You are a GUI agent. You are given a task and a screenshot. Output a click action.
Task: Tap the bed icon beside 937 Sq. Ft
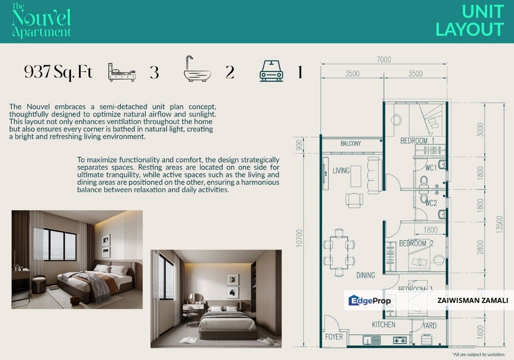click(121, 72)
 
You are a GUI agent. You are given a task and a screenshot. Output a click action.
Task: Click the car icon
click(271, 71)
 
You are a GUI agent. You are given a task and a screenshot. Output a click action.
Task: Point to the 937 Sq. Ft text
click(58, 72)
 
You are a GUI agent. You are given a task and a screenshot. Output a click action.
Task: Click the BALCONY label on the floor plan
click(351, 144)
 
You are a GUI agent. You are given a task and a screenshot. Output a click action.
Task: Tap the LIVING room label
click(341, 171)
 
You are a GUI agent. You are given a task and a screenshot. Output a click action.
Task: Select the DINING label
click(365, 275)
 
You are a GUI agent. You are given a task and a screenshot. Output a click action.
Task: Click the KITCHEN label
click(383, 325)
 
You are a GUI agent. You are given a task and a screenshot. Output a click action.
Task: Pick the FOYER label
click(334, 336)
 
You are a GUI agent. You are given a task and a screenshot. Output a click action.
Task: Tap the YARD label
click(429, 325)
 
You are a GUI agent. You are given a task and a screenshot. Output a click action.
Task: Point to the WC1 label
click(431, 168)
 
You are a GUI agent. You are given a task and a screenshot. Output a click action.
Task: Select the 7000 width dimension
click(384, 59)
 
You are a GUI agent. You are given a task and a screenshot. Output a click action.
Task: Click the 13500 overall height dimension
click(500, 224)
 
